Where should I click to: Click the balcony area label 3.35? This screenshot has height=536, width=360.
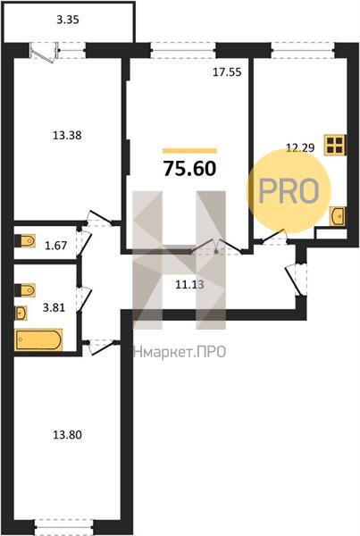(x=68, y=20)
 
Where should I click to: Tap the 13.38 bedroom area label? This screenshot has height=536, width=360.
(x=67, y=136)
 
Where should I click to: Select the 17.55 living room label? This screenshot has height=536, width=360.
(x=227, y=72)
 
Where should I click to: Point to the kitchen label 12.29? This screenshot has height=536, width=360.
(x=300, y=147)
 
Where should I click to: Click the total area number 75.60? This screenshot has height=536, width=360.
(x=190, y=169)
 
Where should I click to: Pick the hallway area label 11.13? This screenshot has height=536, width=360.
(x=189, y=284)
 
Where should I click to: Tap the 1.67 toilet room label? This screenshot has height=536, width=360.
(x=55, y=246)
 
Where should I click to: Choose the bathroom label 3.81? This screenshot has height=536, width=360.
(x=54, y=307)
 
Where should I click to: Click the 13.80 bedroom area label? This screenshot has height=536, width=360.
(x=67, y=435)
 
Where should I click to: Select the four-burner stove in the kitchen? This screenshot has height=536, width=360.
(x=335, y=145)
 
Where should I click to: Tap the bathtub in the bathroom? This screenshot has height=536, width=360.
(x=38, y=339)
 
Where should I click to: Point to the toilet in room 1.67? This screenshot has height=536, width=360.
(x=25, y=240)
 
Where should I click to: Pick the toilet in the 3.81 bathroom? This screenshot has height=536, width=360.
(x=25, y=290)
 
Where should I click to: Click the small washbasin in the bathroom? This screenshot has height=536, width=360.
(x=21, y=313)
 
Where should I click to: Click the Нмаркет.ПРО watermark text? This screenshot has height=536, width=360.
(x=180, y=352)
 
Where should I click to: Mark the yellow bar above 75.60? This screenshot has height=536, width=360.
(x=189, y=151)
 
